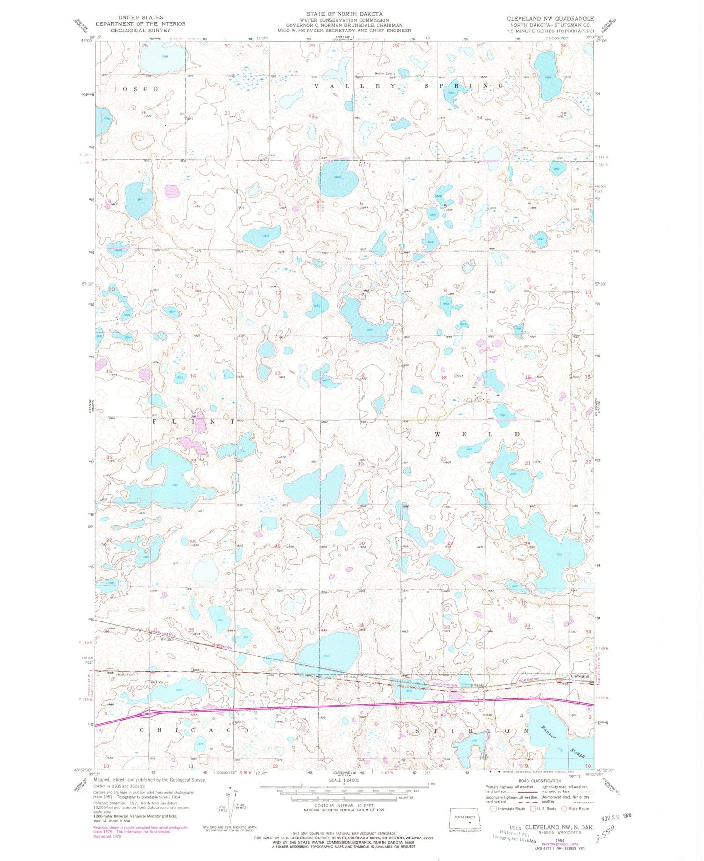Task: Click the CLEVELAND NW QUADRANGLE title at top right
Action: click(550, 18)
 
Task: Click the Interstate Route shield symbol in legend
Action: click(493, 809)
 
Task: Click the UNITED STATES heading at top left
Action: click(140, 17)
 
